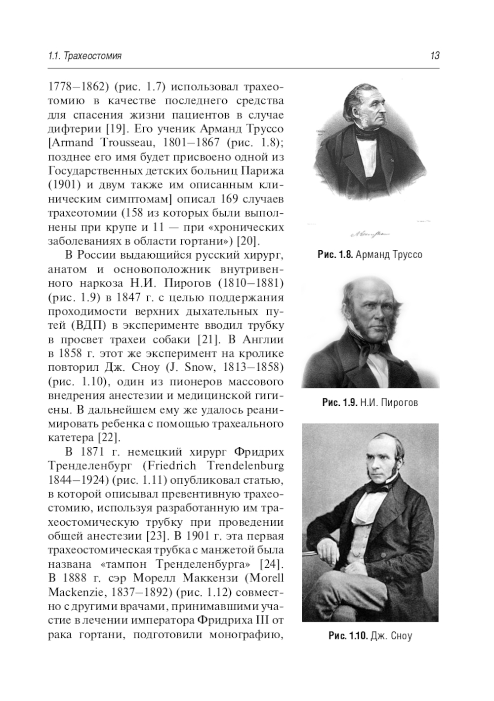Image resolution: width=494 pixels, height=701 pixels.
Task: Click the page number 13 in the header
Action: point(435,56)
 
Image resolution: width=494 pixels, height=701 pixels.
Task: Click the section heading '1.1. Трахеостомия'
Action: point(85,56)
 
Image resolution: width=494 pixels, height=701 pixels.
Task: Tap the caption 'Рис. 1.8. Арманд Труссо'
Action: point(370,255)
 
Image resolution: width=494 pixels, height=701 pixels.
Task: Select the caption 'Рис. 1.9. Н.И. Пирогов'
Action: point(370,403)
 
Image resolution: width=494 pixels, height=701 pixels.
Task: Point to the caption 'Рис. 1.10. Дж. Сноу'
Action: point(370,636)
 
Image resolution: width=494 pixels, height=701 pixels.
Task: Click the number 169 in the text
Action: point(219,199)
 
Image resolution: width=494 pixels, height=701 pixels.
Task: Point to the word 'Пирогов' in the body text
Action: point(178,283)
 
